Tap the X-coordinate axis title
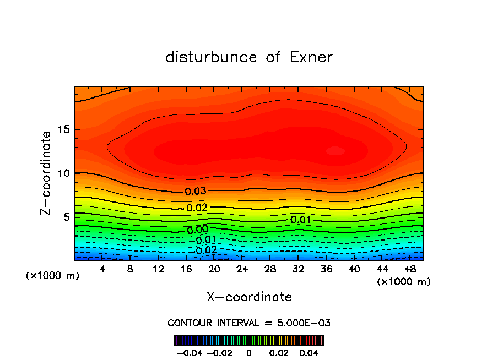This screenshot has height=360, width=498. point(249,297)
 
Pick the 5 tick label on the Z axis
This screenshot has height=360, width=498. point(66,217)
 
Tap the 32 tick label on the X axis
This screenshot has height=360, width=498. point(297,270)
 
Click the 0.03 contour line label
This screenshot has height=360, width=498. point(196,192)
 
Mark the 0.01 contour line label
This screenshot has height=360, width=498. point(301,220)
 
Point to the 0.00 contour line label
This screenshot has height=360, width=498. point(198,230)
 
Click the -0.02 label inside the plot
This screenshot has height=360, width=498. point(205,250)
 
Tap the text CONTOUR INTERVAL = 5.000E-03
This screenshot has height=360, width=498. point(249,323)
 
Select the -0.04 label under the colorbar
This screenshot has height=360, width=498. point(188,352)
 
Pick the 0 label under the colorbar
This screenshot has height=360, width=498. point(249,352)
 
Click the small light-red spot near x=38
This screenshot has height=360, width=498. point(335,151)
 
